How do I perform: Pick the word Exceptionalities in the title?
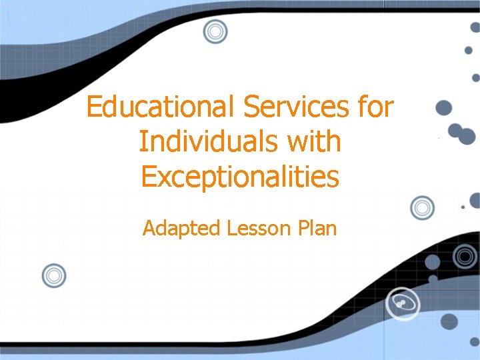coord(240,177)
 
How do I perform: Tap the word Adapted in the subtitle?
coord(181,229)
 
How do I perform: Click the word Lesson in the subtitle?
coord(257,229)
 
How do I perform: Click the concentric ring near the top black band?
coord(215,31)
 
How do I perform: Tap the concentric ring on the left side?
coord(54,275)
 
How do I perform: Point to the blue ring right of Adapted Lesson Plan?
coord(421,208)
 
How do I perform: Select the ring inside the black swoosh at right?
coord(465,255)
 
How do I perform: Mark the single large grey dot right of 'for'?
coord(443,108)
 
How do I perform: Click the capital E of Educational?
coord(94,107)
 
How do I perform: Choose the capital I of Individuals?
coord(143,141)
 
